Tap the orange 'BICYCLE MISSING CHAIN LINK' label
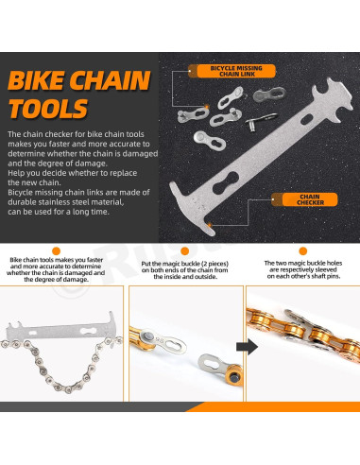239,69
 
